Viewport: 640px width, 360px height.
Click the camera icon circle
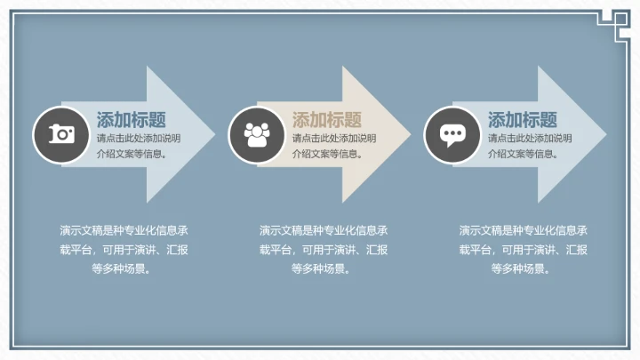pyautogui.click(x=61, y=134)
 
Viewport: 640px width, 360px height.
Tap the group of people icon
pyautogui.click(x=257, y=134)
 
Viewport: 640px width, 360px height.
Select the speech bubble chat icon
pyautogui.click(x=452, y=134)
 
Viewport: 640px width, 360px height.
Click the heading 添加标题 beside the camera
pyautogui.click(x=132, y=120)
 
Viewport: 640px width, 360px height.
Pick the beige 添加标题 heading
pyautogui.click(x=327, y=120)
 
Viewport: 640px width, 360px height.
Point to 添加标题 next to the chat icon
pyautogui.click(x=523, y=120)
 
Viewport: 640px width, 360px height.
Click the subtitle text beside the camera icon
pyautogui.click(x=139, y=146)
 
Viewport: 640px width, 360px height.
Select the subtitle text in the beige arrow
pyautogui.click(x=334, y=146)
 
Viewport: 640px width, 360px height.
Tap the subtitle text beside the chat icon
pyautogui.click(x=530, y=146)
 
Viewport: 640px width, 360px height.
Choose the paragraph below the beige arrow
pyautogui.click(x=324, y=249)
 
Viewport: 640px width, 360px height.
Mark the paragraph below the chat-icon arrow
pyautogui.click(x=523, y=249)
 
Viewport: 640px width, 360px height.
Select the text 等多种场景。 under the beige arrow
pyautogui.click(x=324, y=268)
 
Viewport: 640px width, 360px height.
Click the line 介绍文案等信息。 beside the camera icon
pyautogui.click(x=132, y=154)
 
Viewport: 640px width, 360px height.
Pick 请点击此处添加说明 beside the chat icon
pyautogui.click(x=530, y=139)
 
